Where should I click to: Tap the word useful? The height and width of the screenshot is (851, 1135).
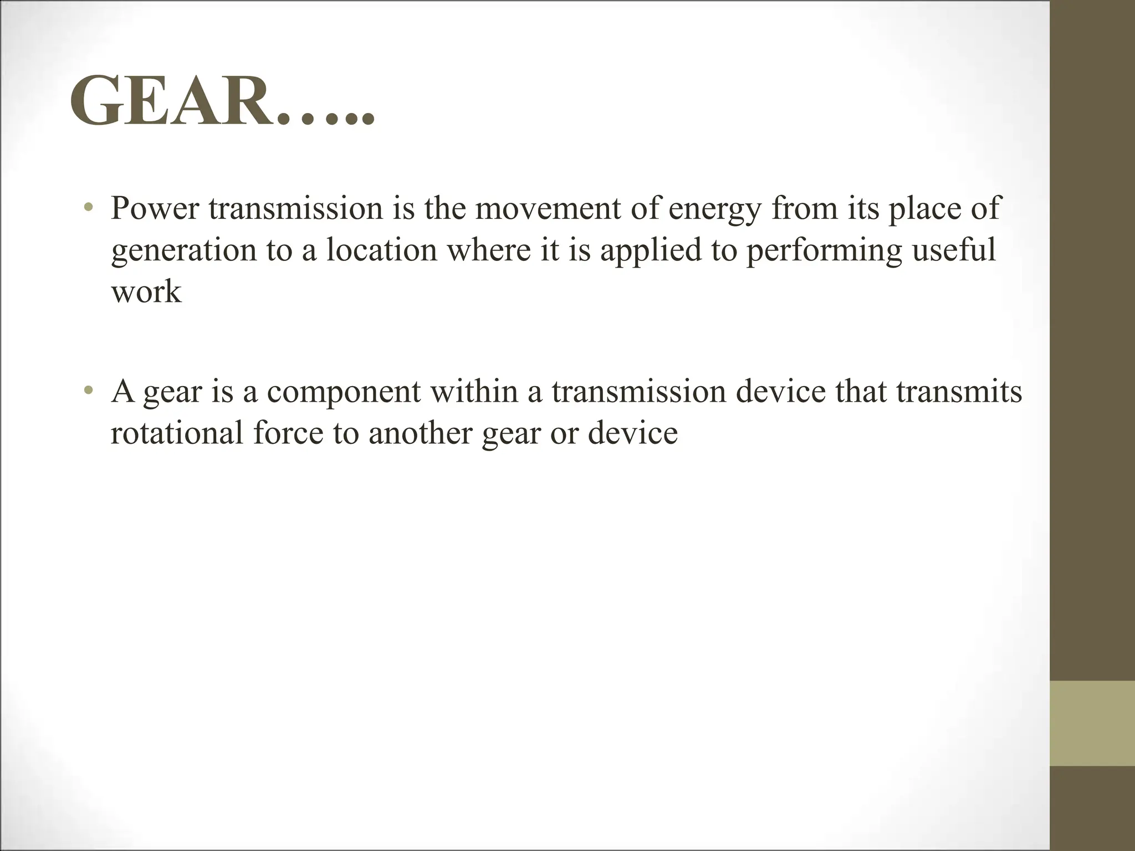[954, 250]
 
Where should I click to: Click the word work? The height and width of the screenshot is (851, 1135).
[146, 292]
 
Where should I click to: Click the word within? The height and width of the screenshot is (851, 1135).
[474, 391]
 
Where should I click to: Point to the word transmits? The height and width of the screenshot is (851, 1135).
[959, 391]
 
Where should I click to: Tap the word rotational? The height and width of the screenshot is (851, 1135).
[177, 433]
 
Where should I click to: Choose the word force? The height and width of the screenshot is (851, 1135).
[288, 433]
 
